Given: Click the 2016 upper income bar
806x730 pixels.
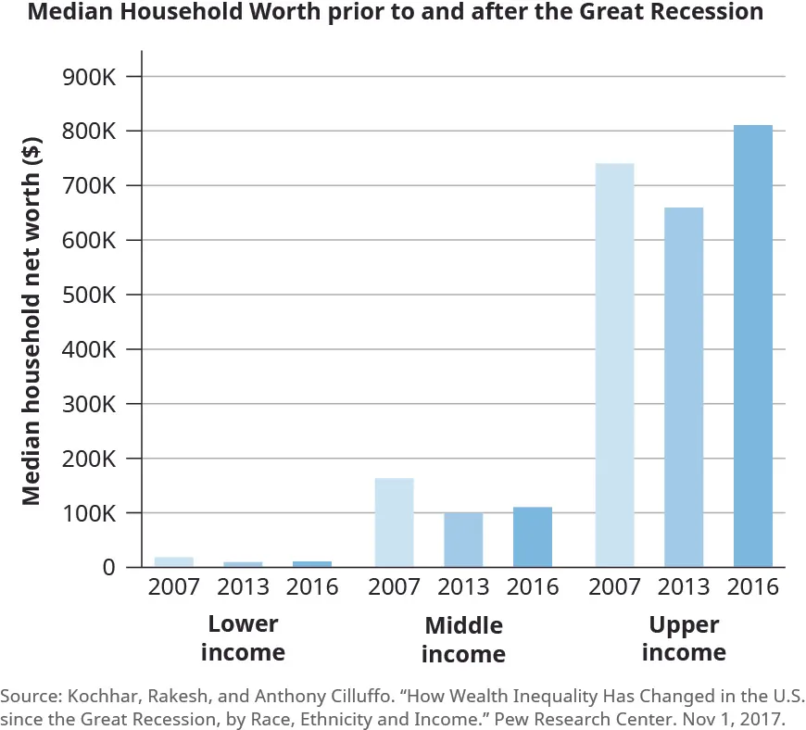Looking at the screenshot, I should (x=752, y=346).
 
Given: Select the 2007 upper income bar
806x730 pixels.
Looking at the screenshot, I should (x=614, y=365).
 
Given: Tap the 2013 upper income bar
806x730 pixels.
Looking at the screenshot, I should (x=684, y=387).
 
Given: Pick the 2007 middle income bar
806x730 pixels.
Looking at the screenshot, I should (x=394, y=522).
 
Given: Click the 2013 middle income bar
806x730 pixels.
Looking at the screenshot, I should (x=463, y=539).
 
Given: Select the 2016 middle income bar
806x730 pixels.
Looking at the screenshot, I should (x=533, y=537).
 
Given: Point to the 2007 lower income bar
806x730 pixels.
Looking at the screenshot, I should (x=174, y=561).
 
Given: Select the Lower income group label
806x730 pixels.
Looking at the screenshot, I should (x=243, y=637).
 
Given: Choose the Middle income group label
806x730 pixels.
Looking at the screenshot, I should (x=463, y=639).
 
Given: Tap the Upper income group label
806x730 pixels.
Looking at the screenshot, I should (x=684, y=637).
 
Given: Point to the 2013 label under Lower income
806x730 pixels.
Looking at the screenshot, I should (x=243, y=587).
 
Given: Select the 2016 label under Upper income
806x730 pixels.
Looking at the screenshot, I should (x=752, y=587).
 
